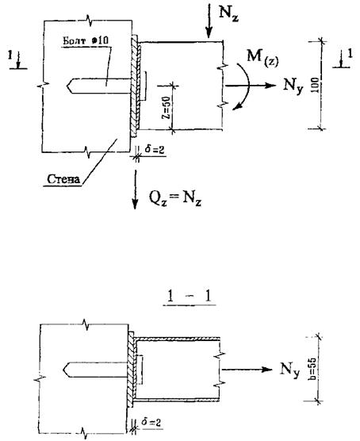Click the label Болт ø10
click(85, 40)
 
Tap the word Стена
click(63, 179)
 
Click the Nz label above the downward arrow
click(228, 13)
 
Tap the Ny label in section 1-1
click(290, 370)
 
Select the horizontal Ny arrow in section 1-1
click(247, 370)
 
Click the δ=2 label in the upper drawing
click(155, 149)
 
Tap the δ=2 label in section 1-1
click(151, 422)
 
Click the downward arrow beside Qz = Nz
click(136, 190)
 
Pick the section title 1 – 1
click(189, 297)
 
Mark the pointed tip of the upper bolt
click(68, 86)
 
